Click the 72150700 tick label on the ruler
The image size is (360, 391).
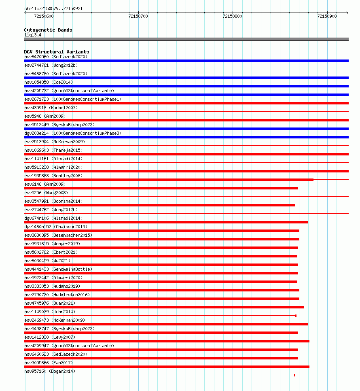[138, 16]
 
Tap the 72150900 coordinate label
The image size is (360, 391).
[327, 16]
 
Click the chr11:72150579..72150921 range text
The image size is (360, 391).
[54, 8]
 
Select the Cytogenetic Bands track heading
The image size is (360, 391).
[48, 30]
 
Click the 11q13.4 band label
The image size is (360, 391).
[32, 35]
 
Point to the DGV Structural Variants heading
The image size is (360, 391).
[56, 52]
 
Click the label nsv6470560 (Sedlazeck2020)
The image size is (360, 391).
[55, 57]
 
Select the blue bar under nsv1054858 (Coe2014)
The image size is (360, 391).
[186, 86]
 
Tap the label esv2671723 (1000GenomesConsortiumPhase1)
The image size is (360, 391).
[73, 99]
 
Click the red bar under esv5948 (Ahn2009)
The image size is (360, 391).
[186, 120]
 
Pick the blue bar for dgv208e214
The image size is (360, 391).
[186, 137]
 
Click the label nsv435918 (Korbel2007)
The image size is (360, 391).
[51, 108]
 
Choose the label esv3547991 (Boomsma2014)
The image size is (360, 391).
[53, 201]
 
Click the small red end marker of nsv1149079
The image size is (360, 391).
[296, 316]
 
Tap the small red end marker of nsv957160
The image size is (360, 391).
[294, 375]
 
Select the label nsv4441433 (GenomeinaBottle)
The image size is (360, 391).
[58, 269]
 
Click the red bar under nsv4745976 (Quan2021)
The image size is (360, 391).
[164, 307]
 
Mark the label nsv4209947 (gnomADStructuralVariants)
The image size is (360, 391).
[69, 346]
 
